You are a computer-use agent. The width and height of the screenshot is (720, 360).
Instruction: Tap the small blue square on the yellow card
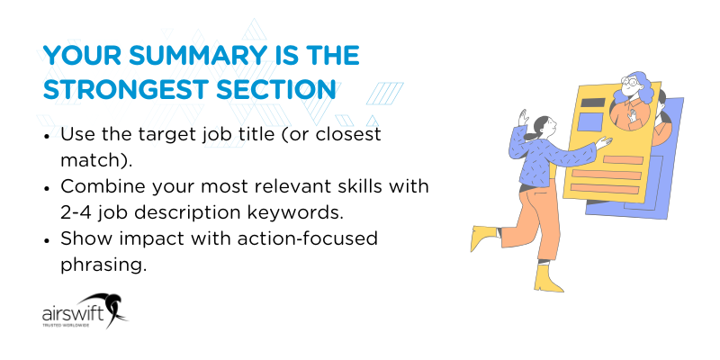590,121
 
